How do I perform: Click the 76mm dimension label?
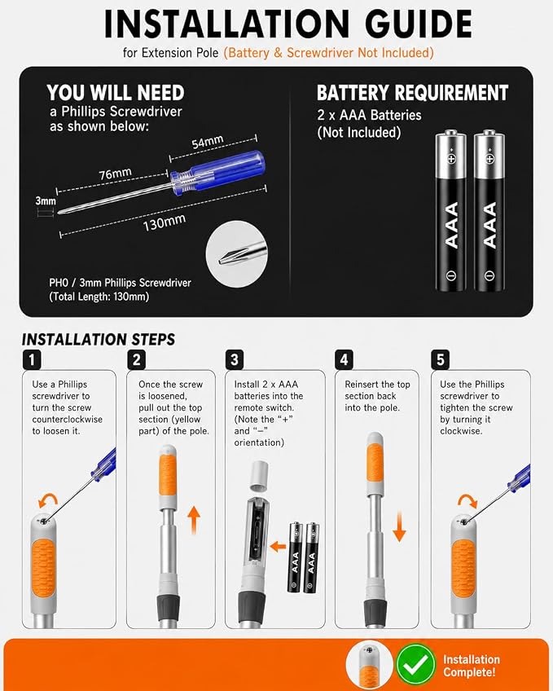[x=115, y=174]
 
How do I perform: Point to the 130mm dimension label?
[x=165, y=222]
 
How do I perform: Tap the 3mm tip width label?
[x=46, y=201]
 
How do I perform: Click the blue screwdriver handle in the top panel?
[x=218, y=172]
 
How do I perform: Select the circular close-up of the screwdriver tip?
[x=237, y=254]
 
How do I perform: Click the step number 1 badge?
[x=31, y=359]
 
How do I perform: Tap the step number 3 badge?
[x=235, y=359]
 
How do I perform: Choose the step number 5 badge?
[x=441, y=359]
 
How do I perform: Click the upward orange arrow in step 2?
[x=194, y=520]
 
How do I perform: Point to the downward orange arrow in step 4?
[x=399, y=526]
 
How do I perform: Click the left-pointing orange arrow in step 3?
[x=278, y=547]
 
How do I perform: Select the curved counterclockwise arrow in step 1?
[x=47, y=501]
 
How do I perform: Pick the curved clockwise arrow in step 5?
[x=467, y=501]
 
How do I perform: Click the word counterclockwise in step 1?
[x=67, y=420]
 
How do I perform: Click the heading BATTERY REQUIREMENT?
[x=413, y=93]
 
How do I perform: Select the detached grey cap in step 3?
[x=260, y=476]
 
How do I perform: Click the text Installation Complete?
[x=471, y=666]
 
